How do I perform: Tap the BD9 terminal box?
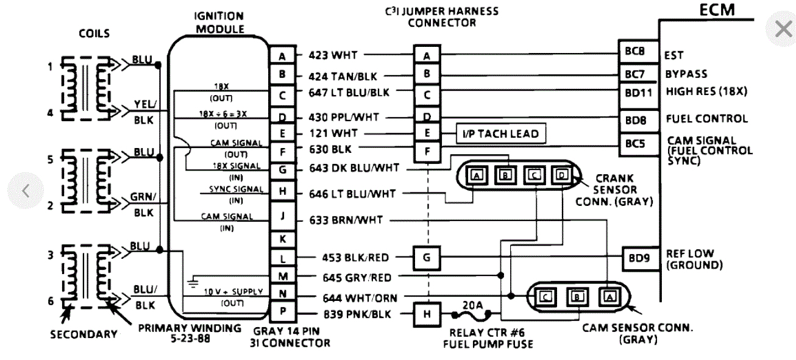(639, 258)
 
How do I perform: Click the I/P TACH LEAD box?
(499, 133)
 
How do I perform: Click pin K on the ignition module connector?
(282, 239)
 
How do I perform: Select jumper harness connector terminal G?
(427, 258)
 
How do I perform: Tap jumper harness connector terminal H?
(427, 314)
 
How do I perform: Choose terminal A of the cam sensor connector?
(607, 297)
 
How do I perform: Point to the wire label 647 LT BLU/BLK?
(349, 93)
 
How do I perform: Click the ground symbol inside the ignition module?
(194, 281)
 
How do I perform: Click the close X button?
(783, 29)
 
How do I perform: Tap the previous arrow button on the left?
(25, 191)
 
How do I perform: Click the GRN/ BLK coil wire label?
(144, 205)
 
